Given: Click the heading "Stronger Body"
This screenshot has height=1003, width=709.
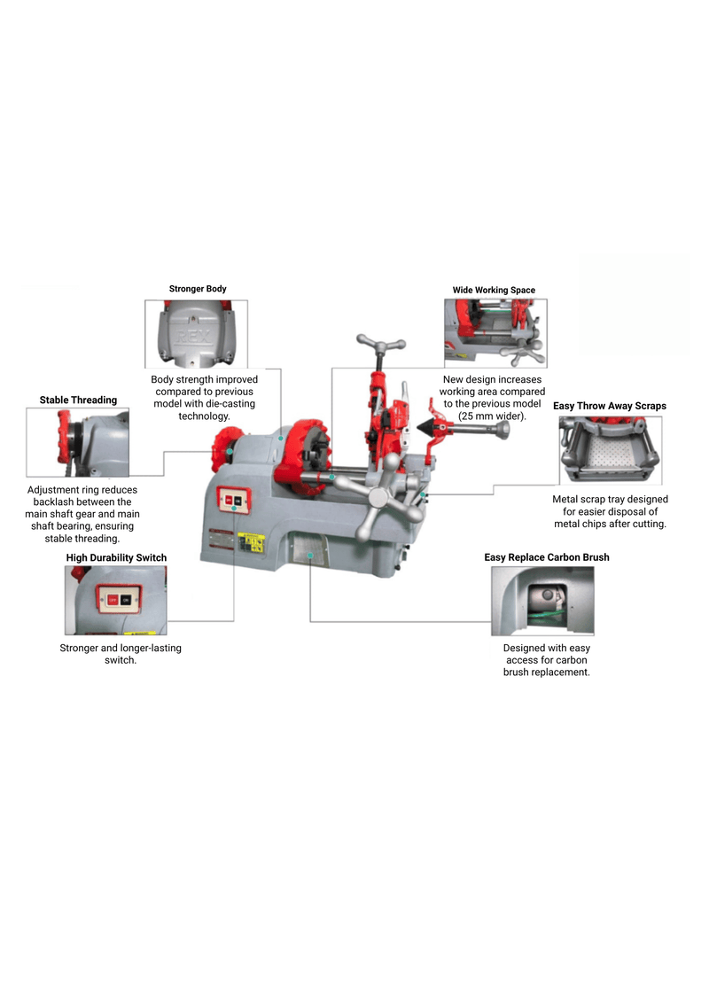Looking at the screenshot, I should tap(198, 289).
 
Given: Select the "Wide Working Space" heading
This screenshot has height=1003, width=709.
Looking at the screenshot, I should tap(494, 290).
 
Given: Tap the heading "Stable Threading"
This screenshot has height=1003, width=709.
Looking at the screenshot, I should tap(78, 400).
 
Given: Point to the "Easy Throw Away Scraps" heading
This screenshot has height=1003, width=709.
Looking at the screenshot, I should tap(610, 406).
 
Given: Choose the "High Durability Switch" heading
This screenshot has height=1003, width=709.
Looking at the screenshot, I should tap(116, 557).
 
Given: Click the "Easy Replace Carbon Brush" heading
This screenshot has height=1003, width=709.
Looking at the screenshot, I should tap(546, 557).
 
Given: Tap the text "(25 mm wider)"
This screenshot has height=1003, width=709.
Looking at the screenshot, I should tap(492, 416).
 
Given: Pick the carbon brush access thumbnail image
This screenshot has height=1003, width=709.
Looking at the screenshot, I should tap(542, 601).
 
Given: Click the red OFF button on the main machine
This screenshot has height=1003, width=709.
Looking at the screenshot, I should tap(228, 501).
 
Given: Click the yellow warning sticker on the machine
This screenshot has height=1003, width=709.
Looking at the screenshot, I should tap(252, 540).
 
